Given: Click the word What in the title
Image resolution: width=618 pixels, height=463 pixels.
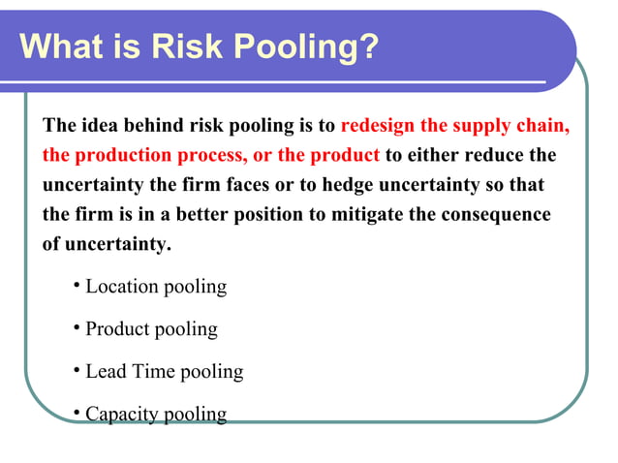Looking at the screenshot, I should coord(62,46).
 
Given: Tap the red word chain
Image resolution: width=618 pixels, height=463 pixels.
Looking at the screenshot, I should coord(542,126).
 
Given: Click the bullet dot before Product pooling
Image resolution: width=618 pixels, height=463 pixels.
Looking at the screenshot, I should coord(77,328).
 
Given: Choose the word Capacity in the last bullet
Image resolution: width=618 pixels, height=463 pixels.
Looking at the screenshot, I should coord(122,415).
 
